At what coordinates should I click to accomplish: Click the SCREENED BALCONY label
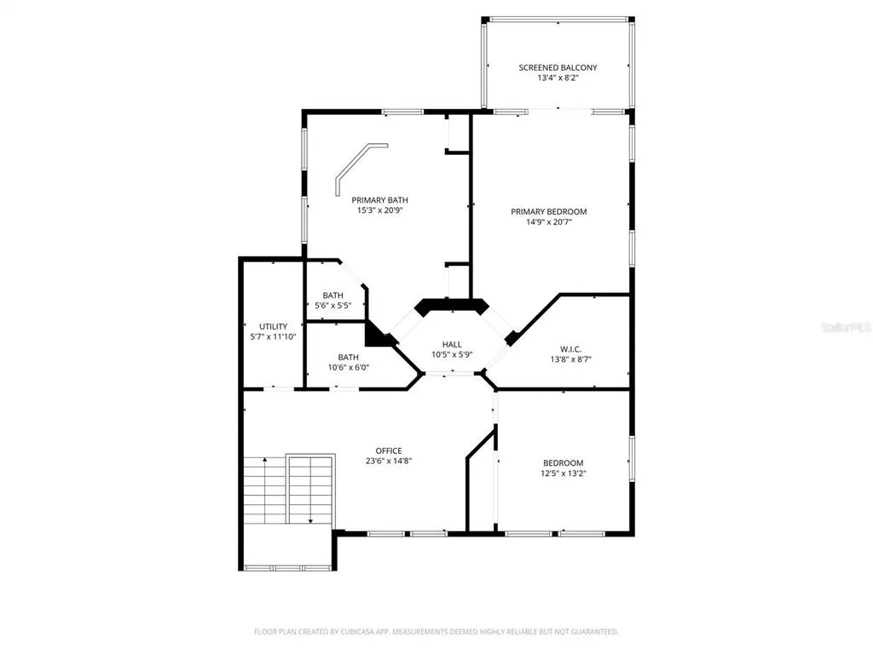click(x=558, y=67)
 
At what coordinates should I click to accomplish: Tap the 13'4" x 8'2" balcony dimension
click(x=558, y=77)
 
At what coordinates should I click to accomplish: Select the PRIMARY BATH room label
click(x=379, y=199)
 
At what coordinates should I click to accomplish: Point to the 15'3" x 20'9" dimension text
click(x=379, y=210)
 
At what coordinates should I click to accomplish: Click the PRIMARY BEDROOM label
click(x=549, y=211)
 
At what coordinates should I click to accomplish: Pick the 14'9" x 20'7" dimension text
click(x=549, y=222)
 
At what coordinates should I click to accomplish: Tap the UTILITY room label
click(x=274, y=326)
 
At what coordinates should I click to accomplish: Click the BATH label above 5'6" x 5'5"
click(x=333, y=295)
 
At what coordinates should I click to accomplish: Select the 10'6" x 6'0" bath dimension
click(x=349, y=368)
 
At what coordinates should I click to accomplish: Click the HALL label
click(x=452, y=344)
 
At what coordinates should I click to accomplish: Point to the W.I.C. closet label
click(x=570, y=349)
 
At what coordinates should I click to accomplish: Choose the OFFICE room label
click(x=389, y=450)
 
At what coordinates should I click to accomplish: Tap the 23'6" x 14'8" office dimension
click(x=389, y=461)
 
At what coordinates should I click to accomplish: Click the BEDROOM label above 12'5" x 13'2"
click(x=564, y=462)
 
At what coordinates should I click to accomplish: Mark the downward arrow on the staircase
click(x=310, y=490)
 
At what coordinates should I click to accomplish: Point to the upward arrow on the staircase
click(x=265, y=490)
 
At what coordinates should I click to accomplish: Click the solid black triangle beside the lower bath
click(x=378, y=334)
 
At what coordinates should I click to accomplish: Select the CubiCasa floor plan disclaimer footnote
click(x=436, y=632)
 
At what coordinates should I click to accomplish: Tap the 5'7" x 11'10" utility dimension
click(x=274, y=337)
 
